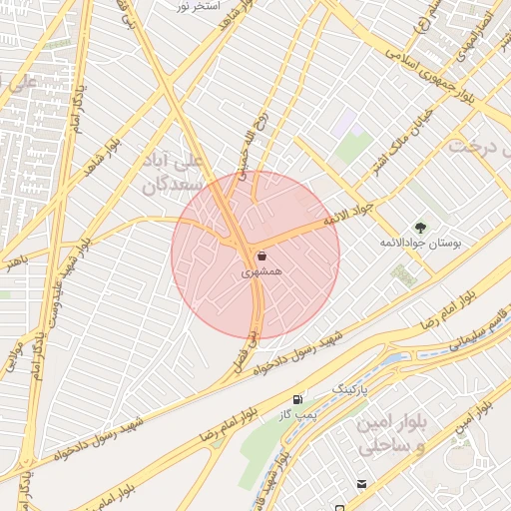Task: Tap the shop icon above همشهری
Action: coord(261,255)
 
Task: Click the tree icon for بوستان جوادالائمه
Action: coord(419,227)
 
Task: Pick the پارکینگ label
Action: coord(350,386)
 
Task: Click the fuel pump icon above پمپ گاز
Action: coord(296,399)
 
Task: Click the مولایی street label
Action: coord(14,353)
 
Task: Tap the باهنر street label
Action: coord(12,261)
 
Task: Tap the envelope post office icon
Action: coord(360,484)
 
